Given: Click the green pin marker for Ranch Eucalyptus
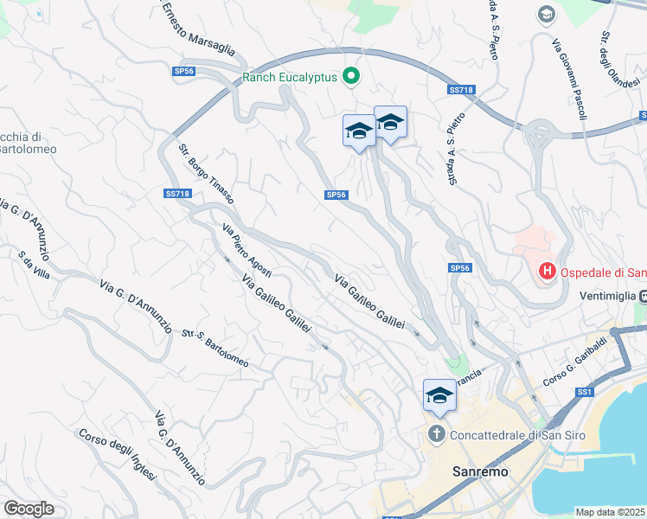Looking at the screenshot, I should [351, 77].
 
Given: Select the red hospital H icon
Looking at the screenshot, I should [547, 272].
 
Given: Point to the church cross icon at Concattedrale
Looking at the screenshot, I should [438, 432].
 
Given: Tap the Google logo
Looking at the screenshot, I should [29, 509].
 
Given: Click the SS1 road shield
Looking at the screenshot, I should [586, 393].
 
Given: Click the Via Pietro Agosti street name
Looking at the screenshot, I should [247, 251].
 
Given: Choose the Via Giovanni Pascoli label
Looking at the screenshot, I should [571, 79].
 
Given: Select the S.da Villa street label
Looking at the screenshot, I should [34, 265].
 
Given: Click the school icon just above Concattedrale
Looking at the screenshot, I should [439, 395].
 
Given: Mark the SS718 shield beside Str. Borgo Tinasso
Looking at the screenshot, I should [176, 194].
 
